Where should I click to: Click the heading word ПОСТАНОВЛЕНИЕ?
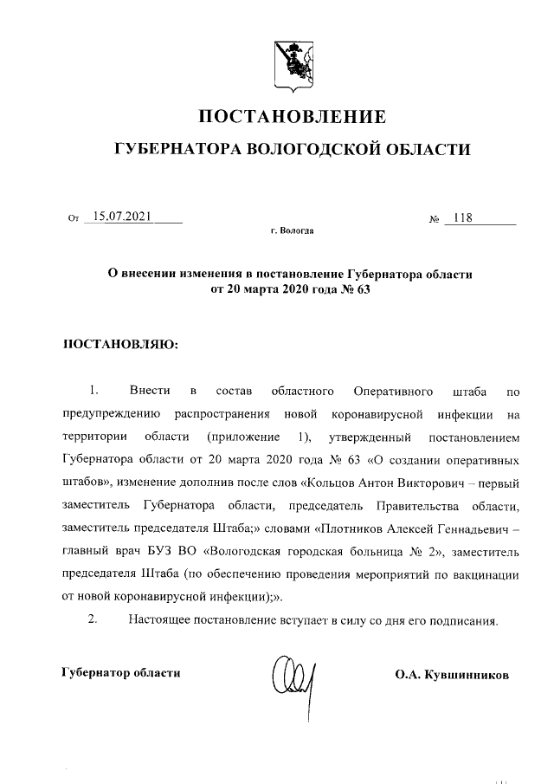click(292, 116)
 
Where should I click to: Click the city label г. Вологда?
click(292, 232)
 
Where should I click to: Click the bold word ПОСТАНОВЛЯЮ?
click(120, 345)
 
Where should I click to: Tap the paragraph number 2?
click(94, 619)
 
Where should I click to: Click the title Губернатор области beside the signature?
click(121, 672)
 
